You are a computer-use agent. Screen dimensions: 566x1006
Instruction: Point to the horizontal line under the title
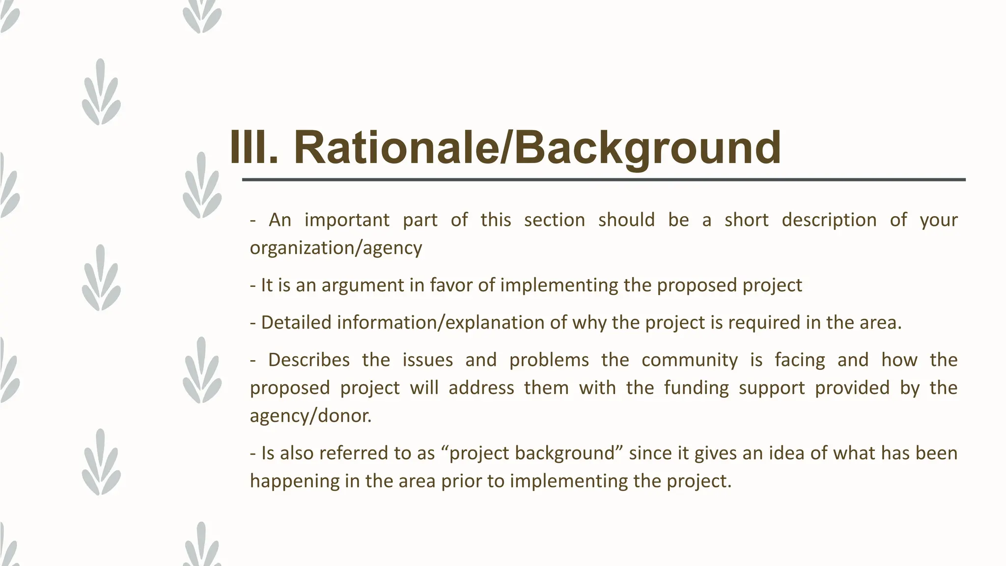[x=604, y=180]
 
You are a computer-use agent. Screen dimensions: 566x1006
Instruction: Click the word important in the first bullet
[x=347, y=220]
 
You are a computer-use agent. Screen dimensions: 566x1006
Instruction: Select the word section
[x=554, y=220]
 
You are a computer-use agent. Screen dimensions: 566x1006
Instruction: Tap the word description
[x=829, y=220]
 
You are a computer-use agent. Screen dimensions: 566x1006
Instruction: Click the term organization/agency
[x=336, y=248]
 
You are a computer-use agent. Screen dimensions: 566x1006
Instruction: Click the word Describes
[x=309, y=360]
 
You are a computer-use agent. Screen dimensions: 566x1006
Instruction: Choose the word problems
[x=549, y=360]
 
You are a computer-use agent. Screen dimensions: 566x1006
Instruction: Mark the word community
[x=689, y=360]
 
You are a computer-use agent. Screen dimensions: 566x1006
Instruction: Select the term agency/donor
[x=310, y=416]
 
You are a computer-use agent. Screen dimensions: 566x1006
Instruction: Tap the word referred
[x=354, y=453]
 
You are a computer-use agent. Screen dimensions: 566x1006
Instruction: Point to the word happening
[x=294, y=481]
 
